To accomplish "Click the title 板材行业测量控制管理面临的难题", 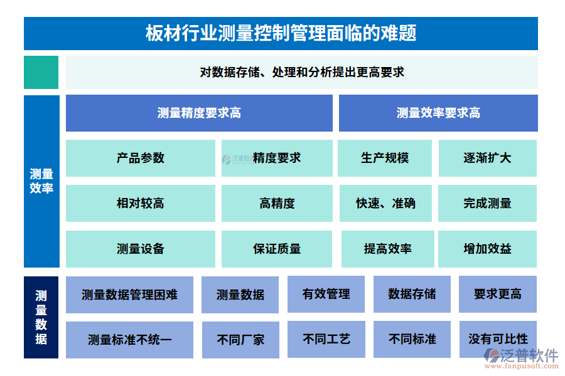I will [281, 33].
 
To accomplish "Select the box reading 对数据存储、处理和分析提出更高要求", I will [301, 72].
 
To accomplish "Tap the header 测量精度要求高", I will [199, 113].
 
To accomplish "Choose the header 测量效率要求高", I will [438, 113].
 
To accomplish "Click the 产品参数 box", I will [140, 158].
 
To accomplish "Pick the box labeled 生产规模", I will [384, 158].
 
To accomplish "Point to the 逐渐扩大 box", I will [487, 158].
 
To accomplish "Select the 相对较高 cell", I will [140, 203].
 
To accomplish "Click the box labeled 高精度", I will [277, 203].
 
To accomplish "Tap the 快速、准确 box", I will [385, 203].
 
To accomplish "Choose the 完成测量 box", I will [487, 203].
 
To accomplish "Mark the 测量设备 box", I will [140, 249].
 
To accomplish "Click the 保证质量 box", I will [277, 249].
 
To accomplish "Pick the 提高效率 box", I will [387, 249].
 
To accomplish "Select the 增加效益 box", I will [487, 249].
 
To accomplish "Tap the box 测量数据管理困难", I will [129, 295].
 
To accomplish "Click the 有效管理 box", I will [326, 294].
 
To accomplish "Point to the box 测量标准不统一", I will [129, 340].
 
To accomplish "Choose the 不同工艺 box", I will [326, 339].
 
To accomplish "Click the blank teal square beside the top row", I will [41, 72].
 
